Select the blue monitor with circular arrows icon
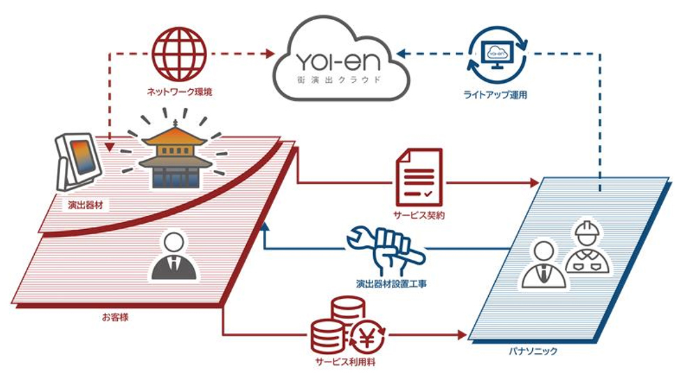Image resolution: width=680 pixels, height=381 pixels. (498, 53)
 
